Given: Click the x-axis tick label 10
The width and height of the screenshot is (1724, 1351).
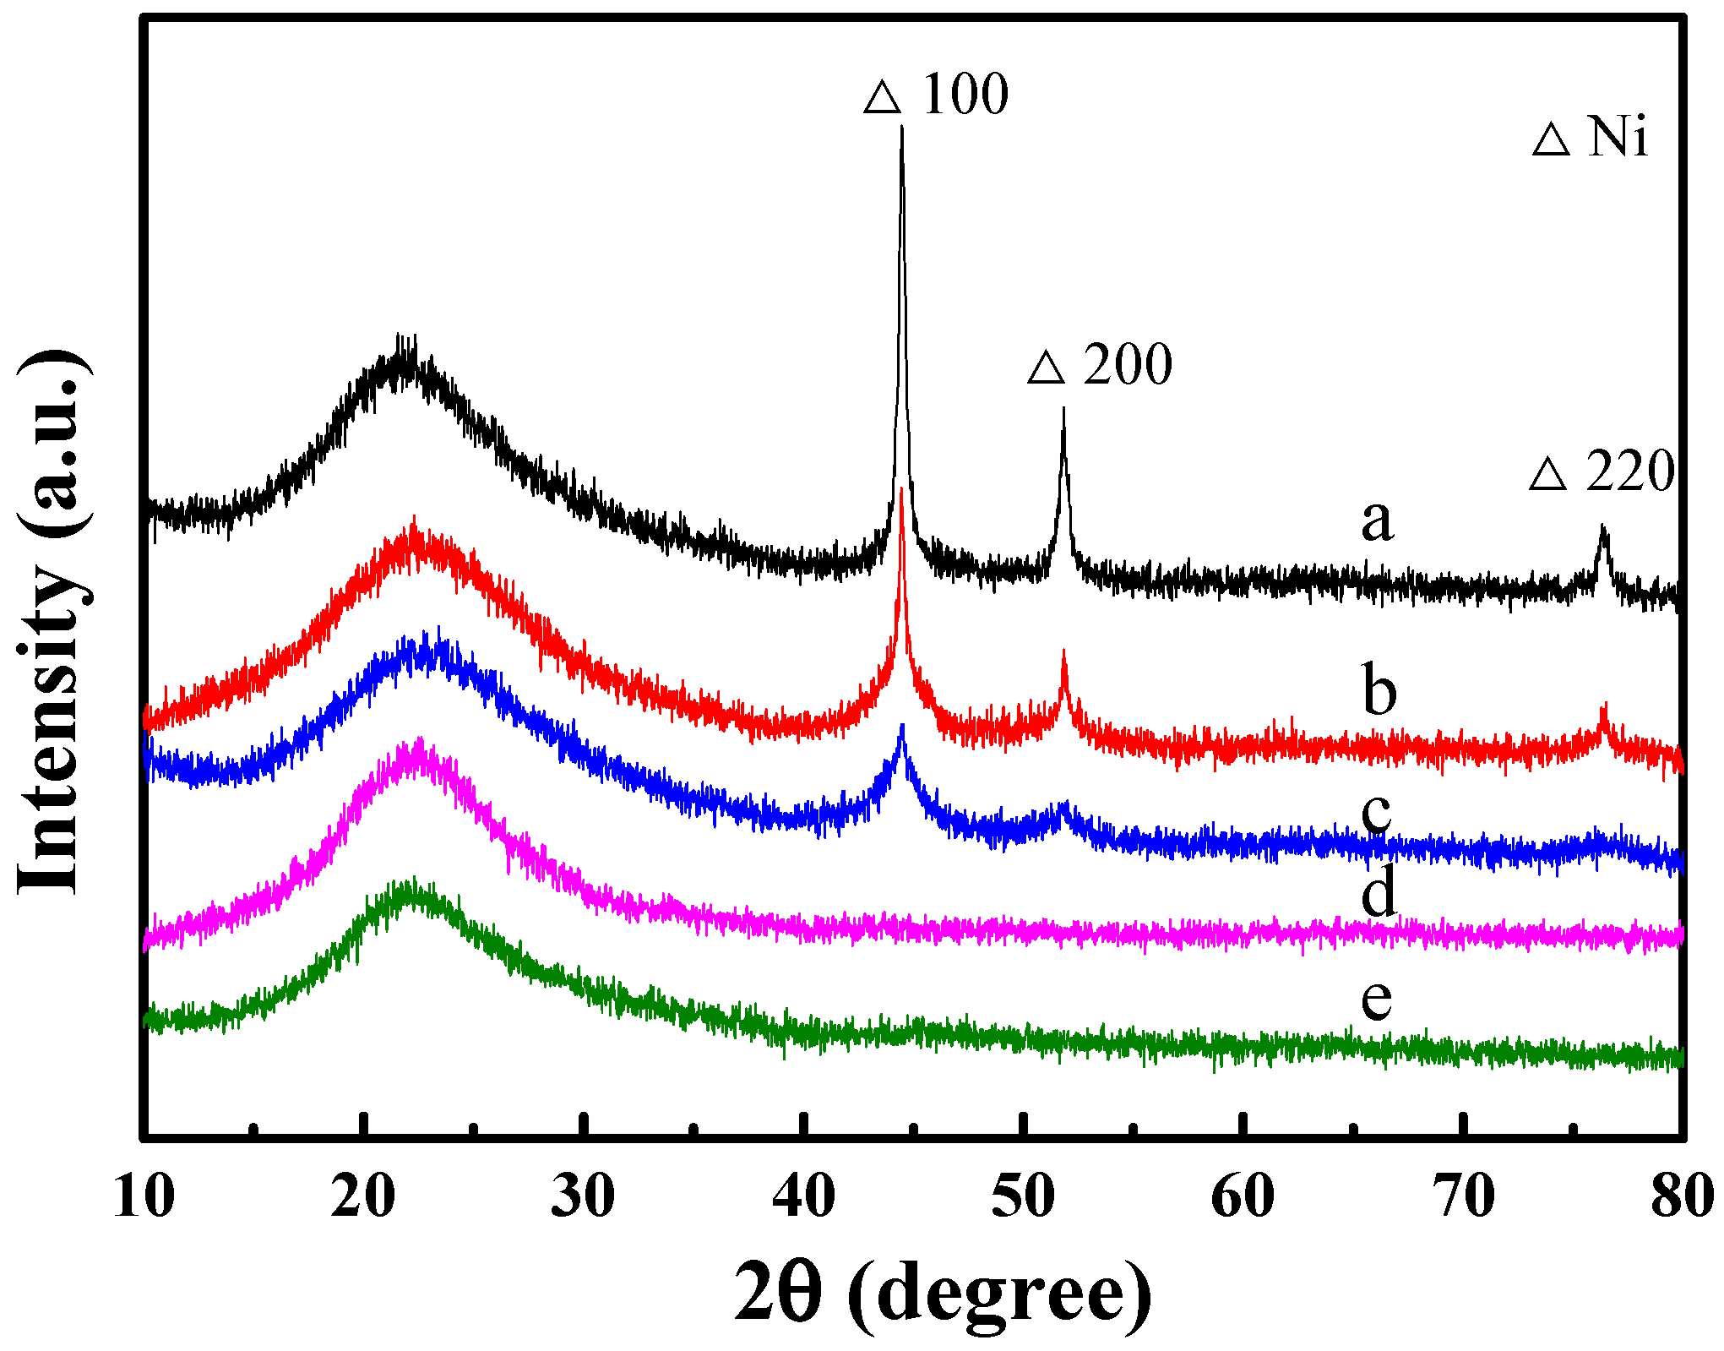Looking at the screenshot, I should point(144,1196).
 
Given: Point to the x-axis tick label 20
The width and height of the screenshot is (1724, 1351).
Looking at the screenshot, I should point(363,1196).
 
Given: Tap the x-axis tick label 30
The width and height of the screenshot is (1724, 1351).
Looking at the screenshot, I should point(583,1196).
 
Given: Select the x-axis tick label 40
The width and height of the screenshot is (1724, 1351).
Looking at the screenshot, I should point(803,1196).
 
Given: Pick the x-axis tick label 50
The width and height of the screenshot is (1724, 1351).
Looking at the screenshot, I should point(1023,1196).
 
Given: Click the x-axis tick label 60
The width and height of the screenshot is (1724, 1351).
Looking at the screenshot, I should point(1243,1196).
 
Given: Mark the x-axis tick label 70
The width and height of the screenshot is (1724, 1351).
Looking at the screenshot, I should point(1463,1196).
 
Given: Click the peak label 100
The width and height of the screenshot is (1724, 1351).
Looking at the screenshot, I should point(965,94).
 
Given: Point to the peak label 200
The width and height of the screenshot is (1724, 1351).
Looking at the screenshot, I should point(1128,365).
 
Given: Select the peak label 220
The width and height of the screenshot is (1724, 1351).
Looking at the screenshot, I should point(1630,471).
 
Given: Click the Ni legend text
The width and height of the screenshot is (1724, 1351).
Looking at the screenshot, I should point(1617,136).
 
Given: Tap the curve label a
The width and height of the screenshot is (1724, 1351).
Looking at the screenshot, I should point(1377,519).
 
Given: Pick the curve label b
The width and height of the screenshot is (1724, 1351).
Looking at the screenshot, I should point(1379,689).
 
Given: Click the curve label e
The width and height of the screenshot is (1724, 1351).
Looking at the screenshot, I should point(1376,999).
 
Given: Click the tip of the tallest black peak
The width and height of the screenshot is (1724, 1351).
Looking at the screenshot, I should point(902,128).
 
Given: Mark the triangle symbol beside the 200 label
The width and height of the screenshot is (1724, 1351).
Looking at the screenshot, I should point(1046,368).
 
